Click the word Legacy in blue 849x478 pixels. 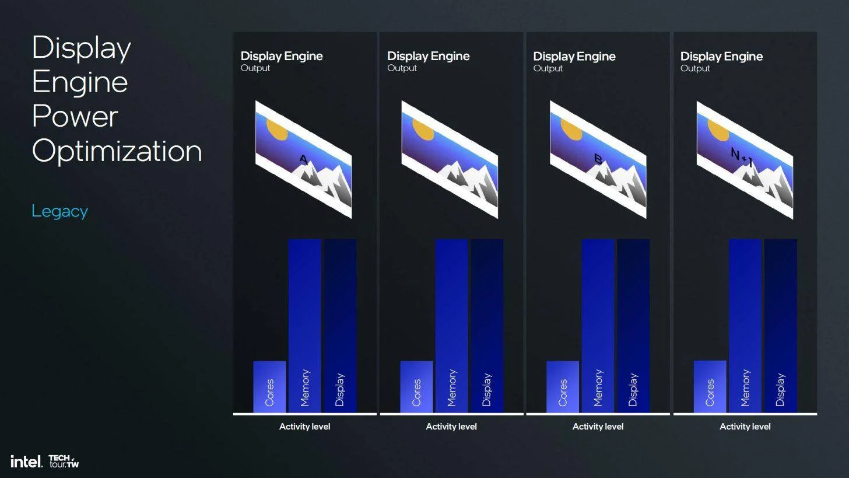(x=59, y=211)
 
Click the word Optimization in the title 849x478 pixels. (x=117, y=151)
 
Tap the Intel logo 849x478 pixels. (x=26, y=461)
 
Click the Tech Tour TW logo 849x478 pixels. (x=64, y=461)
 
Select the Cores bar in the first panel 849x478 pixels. (x=269, y=386)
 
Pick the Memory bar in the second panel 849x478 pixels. (x=451, y=326)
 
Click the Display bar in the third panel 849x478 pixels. (x=633, y=326)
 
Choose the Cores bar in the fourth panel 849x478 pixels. (x=710, y=386)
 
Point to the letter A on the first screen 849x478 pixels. (x=303, y=160)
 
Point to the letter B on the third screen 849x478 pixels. (x=598, y=159)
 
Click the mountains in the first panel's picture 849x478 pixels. (x=322, y=183)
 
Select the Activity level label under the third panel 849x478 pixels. (x=598, y=427)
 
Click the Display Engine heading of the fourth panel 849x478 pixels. (x=721, y=57)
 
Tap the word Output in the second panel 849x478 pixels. (x=402, y=68)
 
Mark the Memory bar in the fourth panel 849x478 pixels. (x=745, y=326)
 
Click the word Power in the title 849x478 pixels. (x=75, y=116)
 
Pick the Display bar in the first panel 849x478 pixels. (x=340, y=326)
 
